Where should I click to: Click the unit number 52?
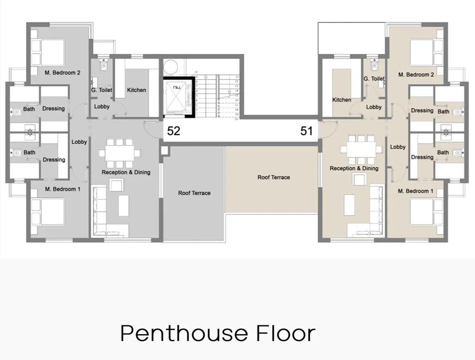174,131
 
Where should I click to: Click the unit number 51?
307,131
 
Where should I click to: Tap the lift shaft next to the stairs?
177,97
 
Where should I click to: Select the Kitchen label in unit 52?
137,90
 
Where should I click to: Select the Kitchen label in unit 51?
342,99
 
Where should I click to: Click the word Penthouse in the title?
184,334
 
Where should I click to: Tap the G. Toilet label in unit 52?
102,90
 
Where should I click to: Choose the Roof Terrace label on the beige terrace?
274,177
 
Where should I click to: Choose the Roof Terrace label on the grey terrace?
194,193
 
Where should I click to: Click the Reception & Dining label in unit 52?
126,172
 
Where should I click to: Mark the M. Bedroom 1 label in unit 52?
62,189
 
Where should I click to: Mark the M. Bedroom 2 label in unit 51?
416,74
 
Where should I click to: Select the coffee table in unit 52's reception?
124,206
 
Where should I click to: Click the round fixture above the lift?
170,67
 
